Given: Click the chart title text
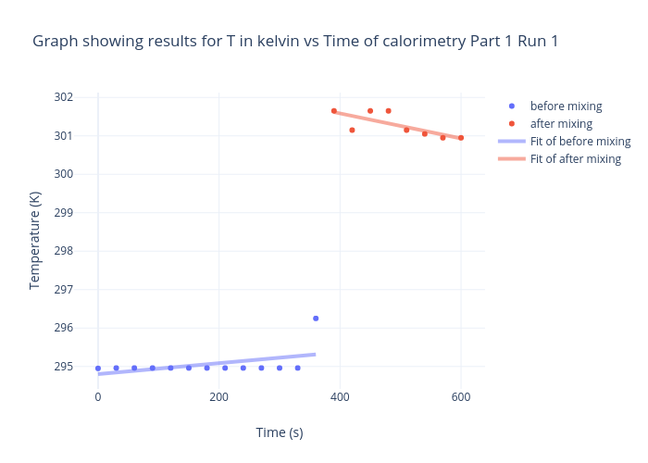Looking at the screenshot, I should click(295, 42).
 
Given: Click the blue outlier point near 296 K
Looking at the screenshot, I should click(316, 319).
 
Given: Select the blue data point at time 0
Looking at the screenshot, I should click(98, 368).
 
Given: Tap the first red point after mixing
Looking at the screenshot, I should click(334, 111).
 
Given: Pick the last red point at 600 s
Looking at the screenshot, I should click(461, 138).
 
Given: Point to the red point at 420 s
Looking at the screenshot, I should click(352, 130).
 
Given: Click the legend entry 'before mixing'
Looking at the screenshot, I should click(566, 106).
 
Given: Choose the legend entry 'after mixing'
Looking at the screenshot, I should click(561, 123).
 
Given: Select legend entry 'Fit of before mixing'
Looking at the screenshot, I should click(579, 141).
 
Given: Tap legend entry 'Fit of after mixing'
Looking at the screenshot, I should click(575, 158).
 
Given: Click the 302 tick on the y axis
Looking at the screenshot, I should click(63, 97).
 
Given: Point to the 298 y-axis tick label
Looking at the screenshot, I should click(63, 251).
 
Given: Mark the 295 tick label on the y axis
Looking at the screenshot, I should click(63, 367).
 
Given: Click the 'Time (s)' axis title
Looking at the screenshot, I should click(280, 432).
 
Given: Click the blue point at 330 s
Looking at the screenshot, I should click(297, 368).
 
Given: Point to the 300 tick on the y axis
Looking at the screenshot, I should click(63, 174).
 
